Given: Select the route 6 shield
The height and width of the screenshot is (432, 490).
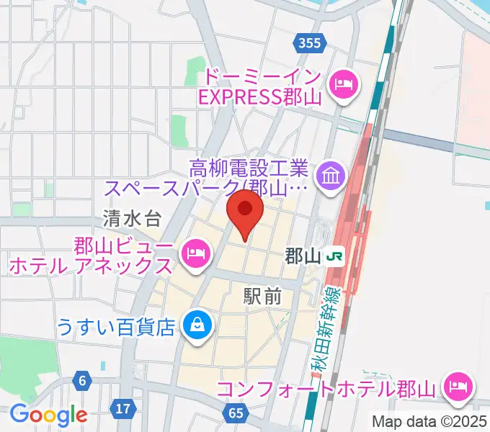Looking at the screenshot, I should pos(84,381).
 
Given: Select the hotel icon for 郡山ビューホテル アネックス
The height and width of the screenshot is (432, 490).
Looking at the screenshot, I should pos(195,253).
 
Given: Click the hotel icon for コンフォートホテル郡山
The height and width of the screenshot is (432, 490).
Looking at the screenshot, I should pos(458,389).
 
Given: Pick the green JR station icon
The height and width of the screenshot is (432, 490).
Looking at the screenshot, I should pos(333,256).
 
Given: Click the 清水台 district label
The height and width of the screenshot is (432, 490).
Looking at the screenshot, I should pos(131,216).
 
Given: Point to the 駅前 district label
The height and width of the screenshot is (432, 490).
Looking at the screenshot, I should pos(262,294).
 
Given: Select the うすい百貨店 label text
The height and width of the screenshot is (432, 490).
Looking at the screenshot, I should pos(116,328).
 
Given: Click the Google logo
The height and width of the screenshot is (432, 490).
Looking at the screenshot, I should pos(48,415).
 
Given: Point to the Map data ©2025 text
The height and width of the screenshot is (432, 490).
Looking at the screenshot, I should pos(429,421).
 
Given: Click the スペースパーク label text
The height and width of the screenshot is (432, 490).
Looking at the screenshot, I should pos(173,189).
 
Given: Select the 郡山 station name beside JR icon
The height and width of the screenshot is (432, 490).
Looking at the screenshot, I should pos(300,256).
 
